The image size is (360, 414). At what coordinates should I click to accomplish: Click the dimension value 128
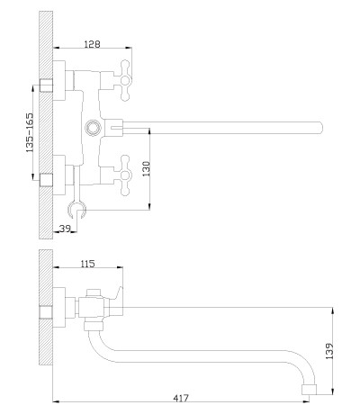[x=92, y=44]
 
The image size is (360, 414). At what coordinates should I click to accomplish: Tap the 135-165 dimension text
[x=30, y=132]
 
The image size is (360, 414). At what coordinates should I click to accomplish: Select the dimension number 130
[x=146, y=168]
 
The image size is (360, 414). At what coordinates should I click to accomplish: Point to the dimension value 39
[x=65, y=229]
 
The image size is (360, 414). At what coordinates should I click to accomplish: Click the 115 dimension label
[x=87, y=264]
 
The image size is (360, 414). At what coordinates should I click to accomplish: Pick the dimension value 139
[x=329, y=351]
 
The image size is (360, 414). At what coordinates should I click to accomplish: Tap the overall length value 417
[x=181, y=398]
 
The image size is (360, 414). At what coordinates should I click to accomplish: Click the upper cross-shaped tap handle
[x=124, y=80]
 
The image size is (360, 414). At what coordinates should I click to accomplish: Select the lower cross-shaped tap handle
[x=124, y=175]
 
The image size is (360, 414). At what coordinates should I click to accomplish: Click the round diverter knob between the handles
[x=93, y=128]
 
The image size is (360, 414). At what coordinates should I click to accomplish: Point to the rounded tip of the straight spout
[x=321, y=128]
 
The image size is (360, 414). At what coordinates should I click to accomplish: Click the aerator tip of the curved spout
[x=309, y=389]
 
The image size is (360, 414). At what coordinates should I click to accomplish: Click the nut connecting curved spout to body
[x=94, y=326]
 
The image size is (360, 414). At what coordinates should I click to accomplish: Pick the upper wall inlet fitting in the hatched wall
[x=46, y=85]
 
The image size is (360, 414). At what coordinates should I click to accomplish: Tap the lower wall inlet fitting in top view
[x=46, y=180]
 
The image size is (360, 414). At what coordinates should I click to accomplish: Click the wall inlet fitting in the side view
[x=46, y=312]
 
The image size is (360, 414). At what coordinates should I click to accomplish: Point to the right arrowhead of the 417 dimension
[x=307, y=401]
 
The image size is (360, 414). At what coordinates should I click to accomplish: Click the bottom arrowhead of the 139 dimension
[x=332, y=391]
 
